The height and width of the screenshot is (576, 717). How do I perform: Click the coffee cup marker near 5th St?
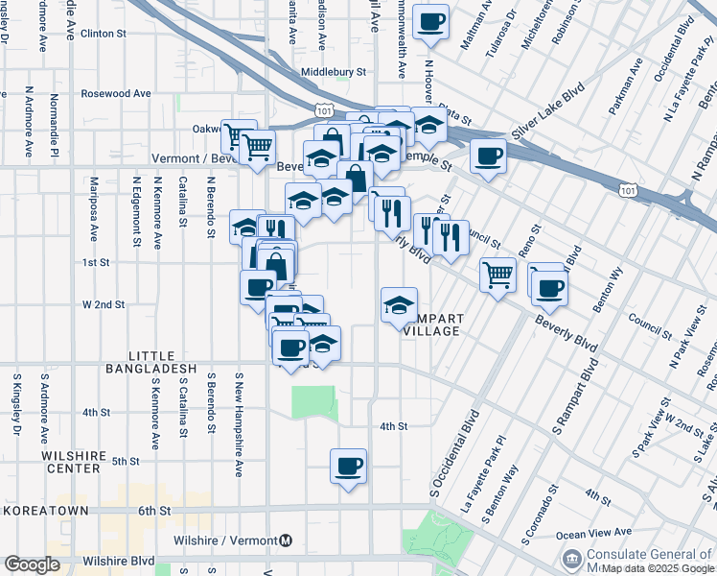[348, 467]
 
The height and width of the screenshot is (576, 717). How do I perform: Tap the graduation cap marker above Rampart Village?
[400, 305]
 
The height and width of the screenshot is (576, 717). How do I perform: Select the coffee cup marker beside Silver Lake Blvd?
[488, 156]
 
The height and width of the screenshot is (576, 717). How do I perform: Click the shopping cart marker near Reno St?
[497, 276]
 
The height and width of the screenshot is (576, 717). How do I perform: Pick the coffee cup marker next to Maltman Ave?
[430, 22]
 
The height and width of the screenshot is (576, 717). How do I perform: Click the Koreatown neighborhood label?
[45, 511]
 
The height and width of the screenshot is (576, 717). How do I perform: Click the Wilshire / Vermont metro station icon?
[286, 540]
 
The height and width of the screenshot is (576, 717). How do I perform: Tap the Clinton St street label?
[104, 34]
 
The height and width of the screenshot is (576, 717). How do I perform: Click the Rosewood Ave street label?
[116, 94]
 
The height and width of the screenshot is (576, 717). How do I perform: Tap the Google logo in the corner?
[32, 564]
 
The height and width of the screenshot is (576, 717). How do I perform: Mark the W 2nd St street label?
[104, 304]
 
